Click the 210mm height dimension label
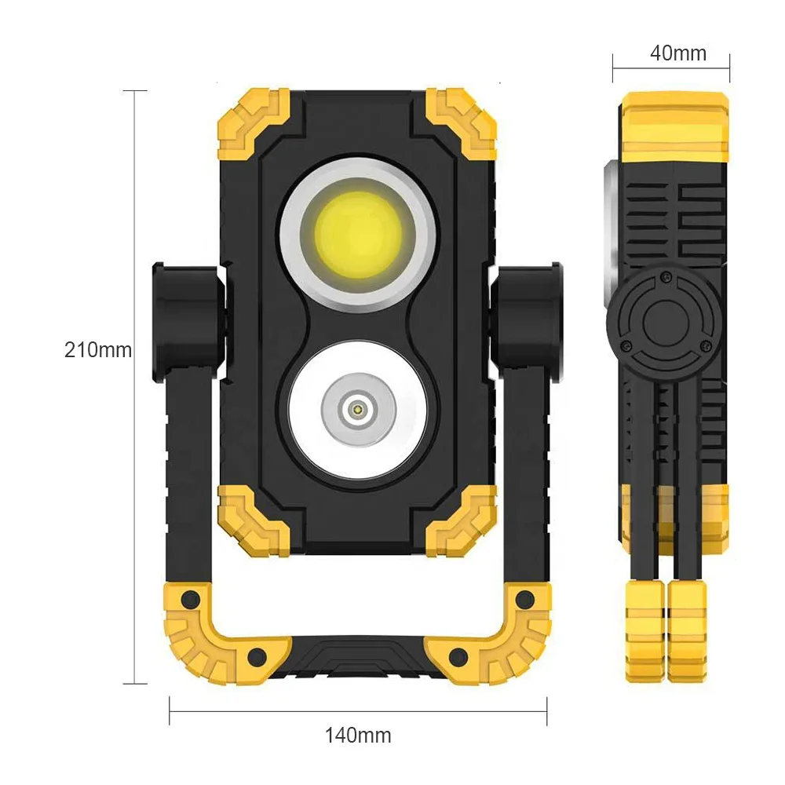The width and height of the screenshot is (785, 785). (x=97, y=349)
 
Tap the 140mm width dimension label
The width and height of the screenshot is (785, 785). (x=358, y=736)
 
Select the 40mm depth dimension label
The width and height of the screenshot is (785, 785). (x=677, y=53)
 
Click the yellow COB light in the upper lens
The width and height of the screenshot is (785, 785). (x=358, y=233)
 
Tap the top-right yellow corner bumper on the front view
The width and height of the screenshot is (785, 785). (x=463, y=123)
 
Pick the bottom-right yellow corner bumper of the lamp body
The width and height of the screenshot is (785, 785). (x=463, y=519)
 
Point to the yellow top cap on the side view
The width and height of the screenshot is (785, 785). (x=674, y=126)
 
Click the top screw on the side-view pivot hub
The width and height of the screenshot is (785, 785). (x=666, y=275)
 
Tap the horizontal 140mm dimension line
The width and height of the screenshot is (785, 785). (x=358, y=712)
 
